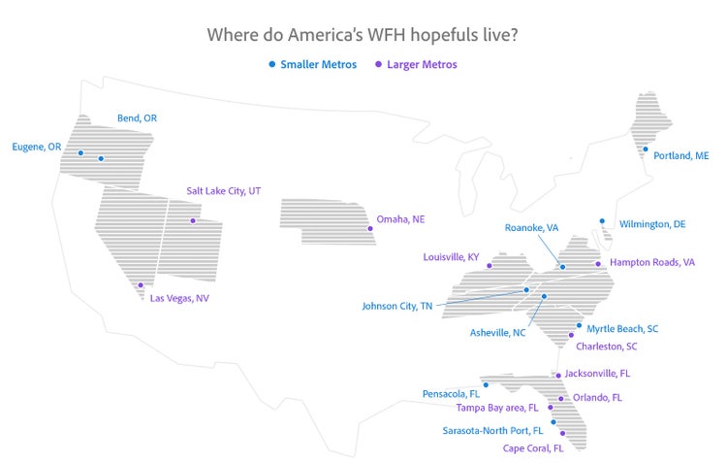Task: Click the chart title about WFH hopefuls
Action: coord(362,35)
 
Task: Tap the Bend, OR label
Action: coord(137,117)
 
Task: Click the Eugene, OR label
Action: coord(36,147)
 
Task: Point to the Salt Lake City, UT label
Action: coord(224,191)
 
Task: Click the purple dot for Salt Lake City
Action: coord(192,221)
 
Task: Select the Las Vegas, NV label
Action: coord(179,298)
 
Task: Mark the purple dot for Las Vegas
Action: coord(142,285)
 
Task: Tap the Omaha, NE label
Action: coord(400,219)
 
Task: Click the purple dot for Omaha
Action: coord(369,230)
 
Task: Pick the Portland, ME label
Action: coord(680,155)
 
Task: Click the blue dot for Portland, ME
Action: coord(645,149)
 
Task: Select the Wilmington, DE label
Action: coord(651,224)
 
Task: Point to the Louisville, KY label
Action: coord(451,257)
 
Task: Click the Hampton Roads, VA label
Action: coord(652,262)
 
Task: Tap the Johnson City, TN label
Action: coord(397,306)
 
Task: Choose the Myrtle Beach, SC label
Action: coord(622,328)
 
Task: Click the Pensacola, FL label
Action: coord(451,394)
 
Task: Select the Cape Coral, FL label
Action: coord(532,448)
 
